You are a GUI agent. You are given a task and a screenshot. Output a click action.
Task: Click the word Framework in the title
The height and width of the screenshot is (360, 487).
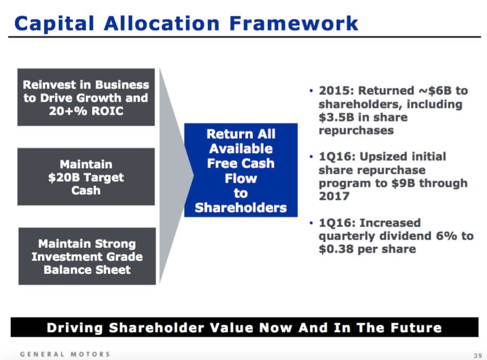(294, 23)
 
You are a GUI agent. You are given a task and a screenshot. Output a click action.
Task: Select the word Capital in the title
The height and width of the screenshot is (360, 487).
(54, 24)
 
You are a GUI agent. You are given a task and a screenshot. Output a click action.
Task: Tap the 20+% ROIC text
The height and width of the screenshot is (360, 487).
(86, 111)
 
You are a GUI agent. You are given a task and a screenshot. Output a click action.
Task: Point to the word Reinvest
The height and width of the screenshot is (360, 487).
(49, 85)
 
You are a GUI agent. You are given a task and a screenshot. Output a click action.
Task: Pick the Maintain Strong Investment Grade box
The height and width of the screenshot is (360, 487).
(87, 256)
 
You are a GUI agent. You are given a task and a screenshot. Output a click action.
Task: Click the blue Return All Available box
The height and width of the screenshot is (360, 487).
(241, 170)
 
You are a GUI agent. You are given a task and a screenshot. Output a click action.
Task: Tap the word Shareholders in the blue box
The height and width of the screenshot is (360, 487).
(241, 208)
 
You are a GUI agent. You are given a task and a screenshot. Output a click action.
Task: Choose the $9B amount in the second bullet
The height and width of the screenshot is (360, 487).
(403, 183)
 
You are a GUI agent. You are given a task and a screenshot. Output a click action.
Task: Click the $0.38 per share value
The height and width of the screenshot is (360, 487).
(367, 249)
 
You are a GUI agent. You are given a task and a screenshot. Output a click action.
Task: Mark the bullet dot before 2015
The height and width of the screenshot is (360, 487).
(311, 91)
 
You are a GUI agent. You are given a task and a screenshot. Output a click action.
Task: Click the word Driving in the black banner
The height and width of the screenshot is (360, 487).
(75, 328)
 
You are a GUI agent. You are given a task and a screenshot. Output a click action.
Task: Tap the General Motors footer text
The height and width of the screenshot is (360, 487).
(65, 354)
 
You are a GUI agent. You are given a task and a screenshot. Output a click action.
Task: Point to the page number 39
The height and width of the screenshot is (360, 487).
(478, 355)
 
